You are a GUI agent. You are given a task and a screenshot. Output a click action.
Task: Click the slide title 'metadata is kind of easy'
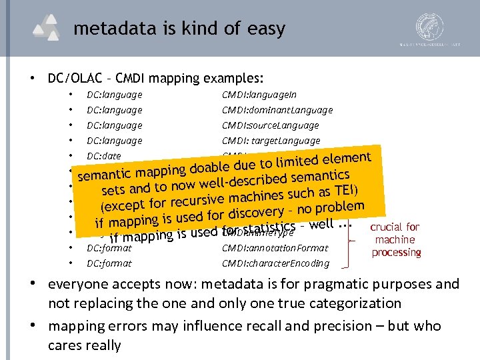pyautogui.click(x=179, y=29)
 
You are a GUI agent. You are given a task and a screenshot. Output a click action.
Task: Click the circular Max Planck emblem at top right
pyautogui.click(x=429, y=28)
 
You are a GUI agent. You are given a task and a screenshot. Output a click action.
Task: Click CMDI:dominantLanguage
pyautogui.click(x=277, y=110)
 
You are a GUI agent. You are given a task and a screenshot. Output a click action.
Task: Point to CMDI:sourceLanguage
pyautogui.click(x=270, y=125)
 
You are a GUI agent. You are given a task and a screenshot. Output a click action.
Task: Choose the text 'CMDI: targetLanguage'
pyautogui.click(x=271, y=141)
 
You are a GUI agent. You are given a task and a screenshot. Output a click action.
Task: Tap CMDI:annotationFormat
pyautogui.click(x=275, y=248)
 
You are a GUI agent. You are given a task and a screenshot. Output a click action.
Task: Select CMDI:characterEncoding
pyautogui.click(x=275, y=263)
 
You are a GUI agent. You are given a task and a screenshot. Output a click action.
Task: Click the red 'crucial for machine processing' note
pyautogui.click(x=395, y=240)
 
